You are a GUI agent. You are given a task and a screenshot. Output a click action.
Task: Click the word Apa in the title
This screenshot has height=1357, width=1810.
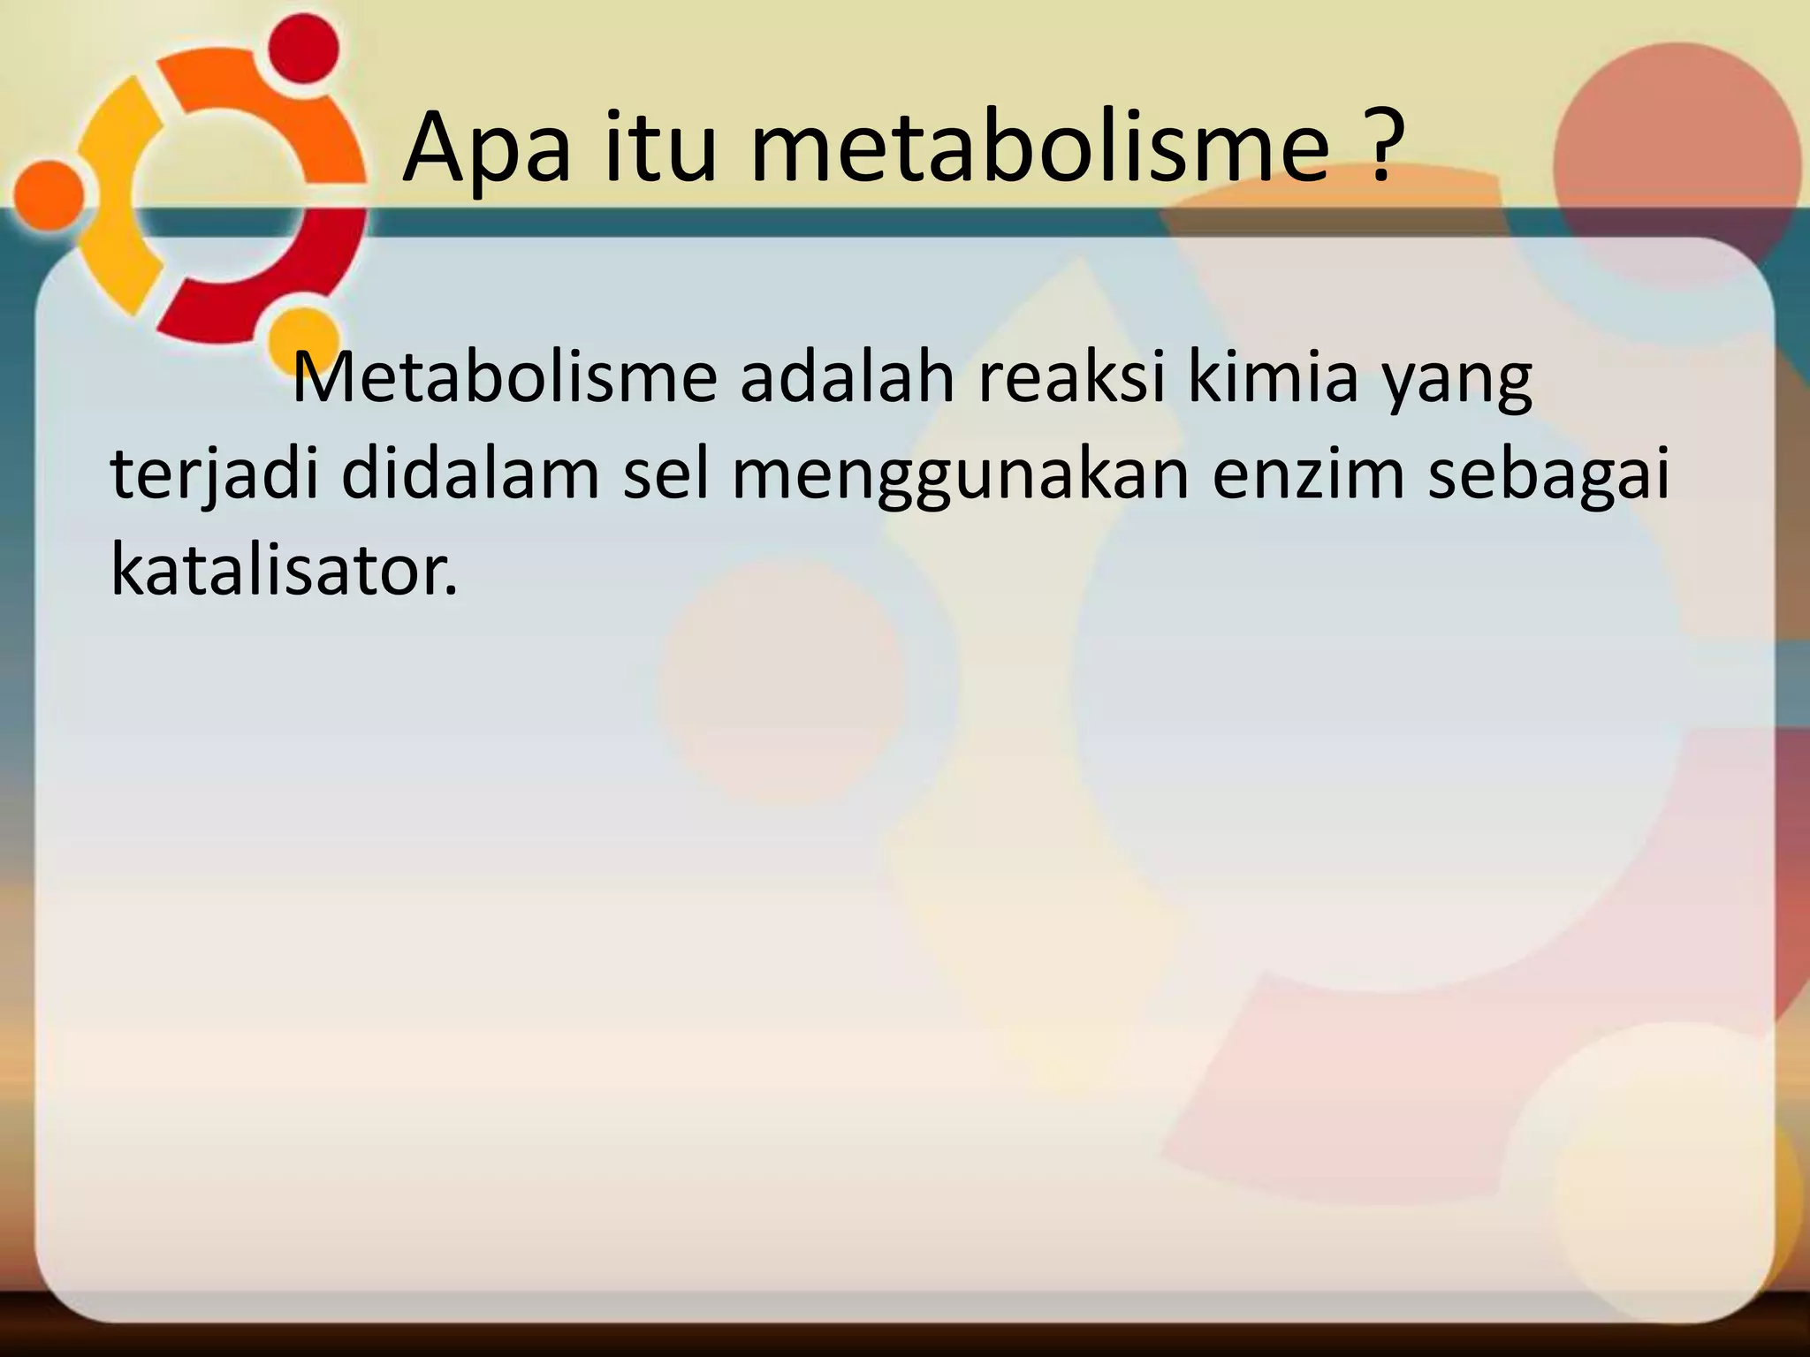pos(486,148)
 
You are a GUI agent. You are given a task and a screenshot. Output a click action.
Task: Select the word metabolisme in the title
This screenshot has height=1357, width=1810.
pos(1039,148)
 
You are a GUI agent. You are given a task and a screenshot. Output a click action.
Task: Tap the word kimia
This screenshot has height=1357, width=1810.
pos(1272,377)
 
